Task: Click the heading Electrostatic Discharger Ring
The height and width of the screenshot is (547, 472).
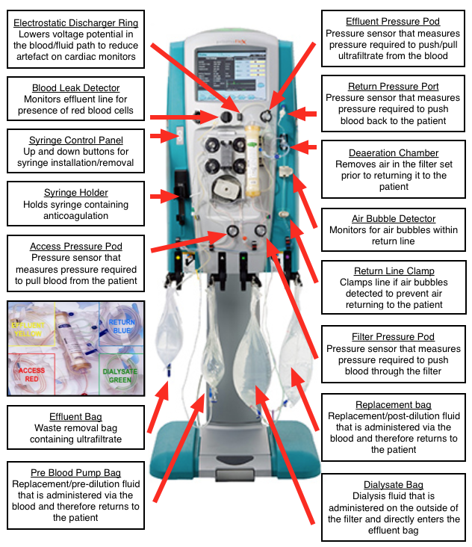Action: (x=76, y=22)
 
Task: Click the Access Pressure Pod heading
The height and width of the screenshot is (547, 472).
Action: (x=75, y=246)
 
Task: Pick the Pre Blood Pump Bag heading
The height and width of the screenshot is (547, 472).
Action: (x=75, y=472)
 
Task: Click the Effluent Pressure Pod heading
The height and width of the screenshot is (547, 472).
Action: (x=393, y=22)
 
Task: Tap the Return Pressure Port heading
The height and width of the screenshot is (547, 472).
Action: (x=393, y=86)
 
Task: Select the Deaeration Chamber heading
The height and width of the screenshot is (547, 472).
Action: (x=393, y=152)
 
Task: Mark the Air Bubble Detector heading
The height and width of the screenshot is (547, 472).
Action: (x=393, y=217)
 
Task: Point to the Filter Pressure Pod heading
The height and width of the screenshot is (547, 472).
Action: (x=393, y=336)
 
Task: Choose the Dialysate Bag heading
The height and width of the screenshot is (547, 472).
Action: (x=393, y=485)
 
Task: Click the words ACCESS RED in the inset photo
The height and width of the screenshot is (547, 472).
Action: (x=31, y=374)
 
